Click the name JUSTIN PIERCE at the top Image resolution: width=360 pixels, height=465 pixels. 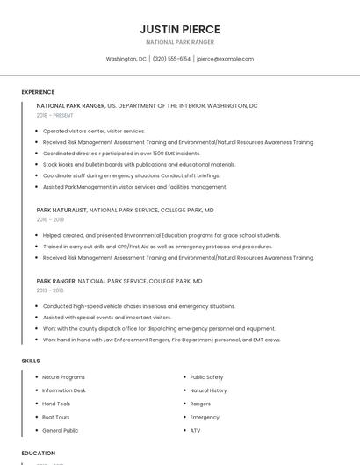[180, 29]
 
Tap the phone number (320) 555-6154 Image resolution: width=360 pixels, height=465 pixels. [171, 59]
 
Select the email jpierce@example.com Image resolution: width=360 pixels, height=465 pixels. [225, 59]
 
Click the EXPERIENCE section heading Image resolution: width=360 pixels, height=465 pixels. [38, 92]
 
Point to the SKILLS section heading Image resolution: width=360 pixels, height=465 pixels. [31, 361]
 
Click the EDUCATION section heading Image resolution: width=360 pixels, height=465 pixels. [39, 454]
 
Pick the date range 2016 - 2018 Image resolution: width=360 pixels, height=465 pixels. [50, 219]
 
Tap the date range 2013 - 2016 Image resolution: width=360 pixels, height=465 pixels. [50, 290]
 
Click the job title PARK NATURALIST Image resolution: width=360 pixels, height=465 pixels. [61, 211]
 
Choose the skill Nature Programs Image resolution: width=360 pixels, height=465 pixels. [64, 377]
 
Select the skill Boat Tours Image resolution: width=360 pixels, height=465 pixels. [56, 417]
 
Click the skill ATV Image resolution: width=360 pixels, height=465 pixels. [195, 431]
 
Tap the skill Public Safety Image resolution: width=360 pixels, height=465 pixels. [206, 377]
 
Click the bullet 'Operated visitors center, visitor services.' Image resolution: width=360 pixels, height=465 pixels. [94, 131]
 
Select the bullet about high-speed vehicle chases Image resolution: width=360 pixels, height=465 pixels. [139, 306]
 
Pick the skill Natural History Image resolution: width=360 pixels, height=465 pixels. [208, 390]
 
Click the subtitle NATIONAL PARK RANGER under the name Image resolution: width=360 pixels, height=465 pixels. [180, 42]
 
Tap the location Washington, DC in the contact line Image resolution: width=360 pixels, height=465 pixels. [126, 59]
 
